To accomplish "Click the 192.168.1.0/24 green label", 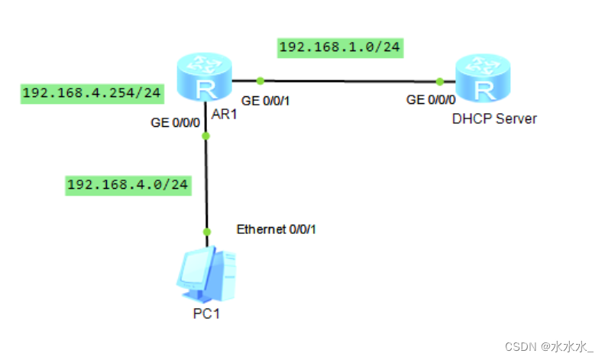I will (340, 47).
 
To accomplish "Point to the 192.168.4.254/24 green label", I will (91, 93).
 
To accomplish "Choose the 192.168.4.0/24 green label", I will (128, 184).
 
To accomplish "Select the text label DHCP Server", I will (494, 118).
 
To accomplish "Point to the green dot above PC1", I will (205, 232).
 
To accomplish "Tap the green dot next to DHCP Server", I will (441, 81).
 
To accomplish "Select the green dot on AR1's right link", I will (260, 79).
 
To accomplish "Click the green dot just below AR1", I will (205, 136).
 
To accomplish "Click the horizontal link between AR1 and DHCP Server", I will (351, 80).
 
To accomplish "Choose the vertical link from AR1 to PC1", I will (205, 183).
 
